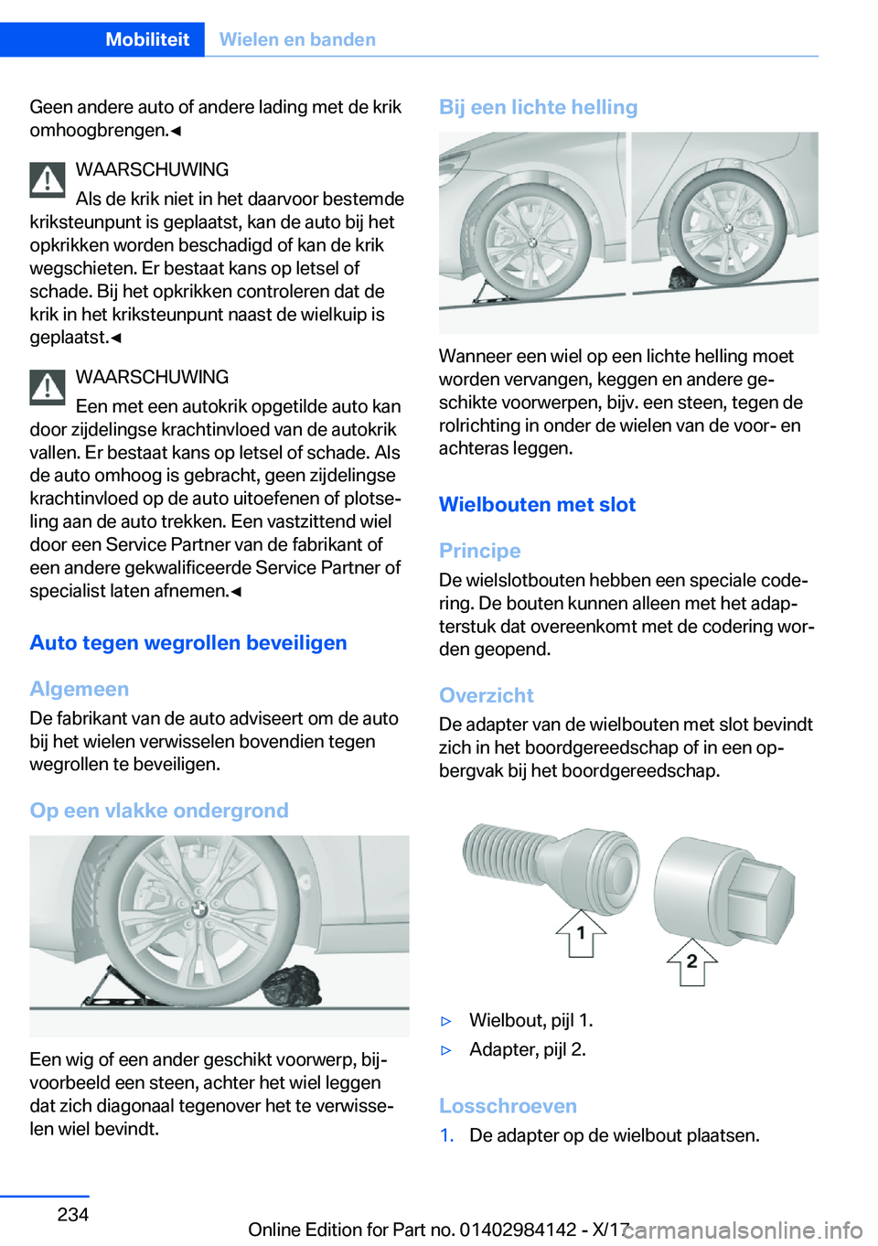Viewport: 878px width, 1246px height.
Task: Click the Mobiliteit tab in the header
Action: pos(146,39)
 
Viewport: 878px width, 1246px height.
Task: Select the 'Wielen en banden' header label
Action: pos(297,39)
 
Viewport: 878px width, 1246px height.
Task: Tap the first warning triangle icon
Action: pos(48,179)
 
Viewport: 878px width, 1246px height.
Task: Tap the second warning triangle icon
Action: pos(48,387)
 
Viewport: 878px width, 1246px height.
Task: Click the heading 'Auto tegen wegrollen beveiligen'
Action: pos(188,643)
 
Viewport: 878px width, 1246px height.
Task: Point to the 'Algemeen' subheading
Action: pos(80,689)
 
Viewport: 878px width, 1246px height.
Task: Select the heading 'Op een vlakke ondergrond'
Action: pos(159,811)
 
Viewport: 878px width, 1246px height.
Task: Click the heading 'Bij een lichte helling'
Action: pos(538,107)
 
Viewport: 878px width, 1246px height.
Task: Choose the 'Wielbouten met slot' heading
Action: pos(537,505)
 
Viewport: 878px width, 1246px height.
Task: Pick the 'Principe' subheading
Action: pos(480,551)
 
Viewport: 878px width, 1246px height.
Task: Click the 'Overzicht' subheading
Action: pos(487,695)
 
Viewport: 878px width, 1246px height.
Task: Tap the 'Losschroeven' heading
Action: pos(508,1106)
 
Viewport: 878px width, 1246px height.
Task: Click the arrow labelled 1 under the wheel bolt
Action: pos(581,933)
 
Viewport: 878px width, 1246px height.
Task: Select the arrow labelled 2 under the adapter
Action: pos(691,961)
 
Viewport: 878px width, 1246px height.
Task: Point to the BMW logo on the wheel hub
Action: pos(198,908)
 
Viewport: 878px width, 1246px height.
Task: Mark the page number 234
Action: pos(73,1214)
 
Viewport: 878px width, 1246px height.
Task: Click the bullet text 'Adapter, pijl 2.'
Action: pos(528,1049)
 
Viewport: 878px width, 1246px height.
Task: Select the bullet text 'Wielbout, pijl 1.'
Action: pos(530,1020)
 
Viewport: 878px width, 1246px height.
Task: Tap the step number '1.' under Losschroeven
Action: pos(447,1135)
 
